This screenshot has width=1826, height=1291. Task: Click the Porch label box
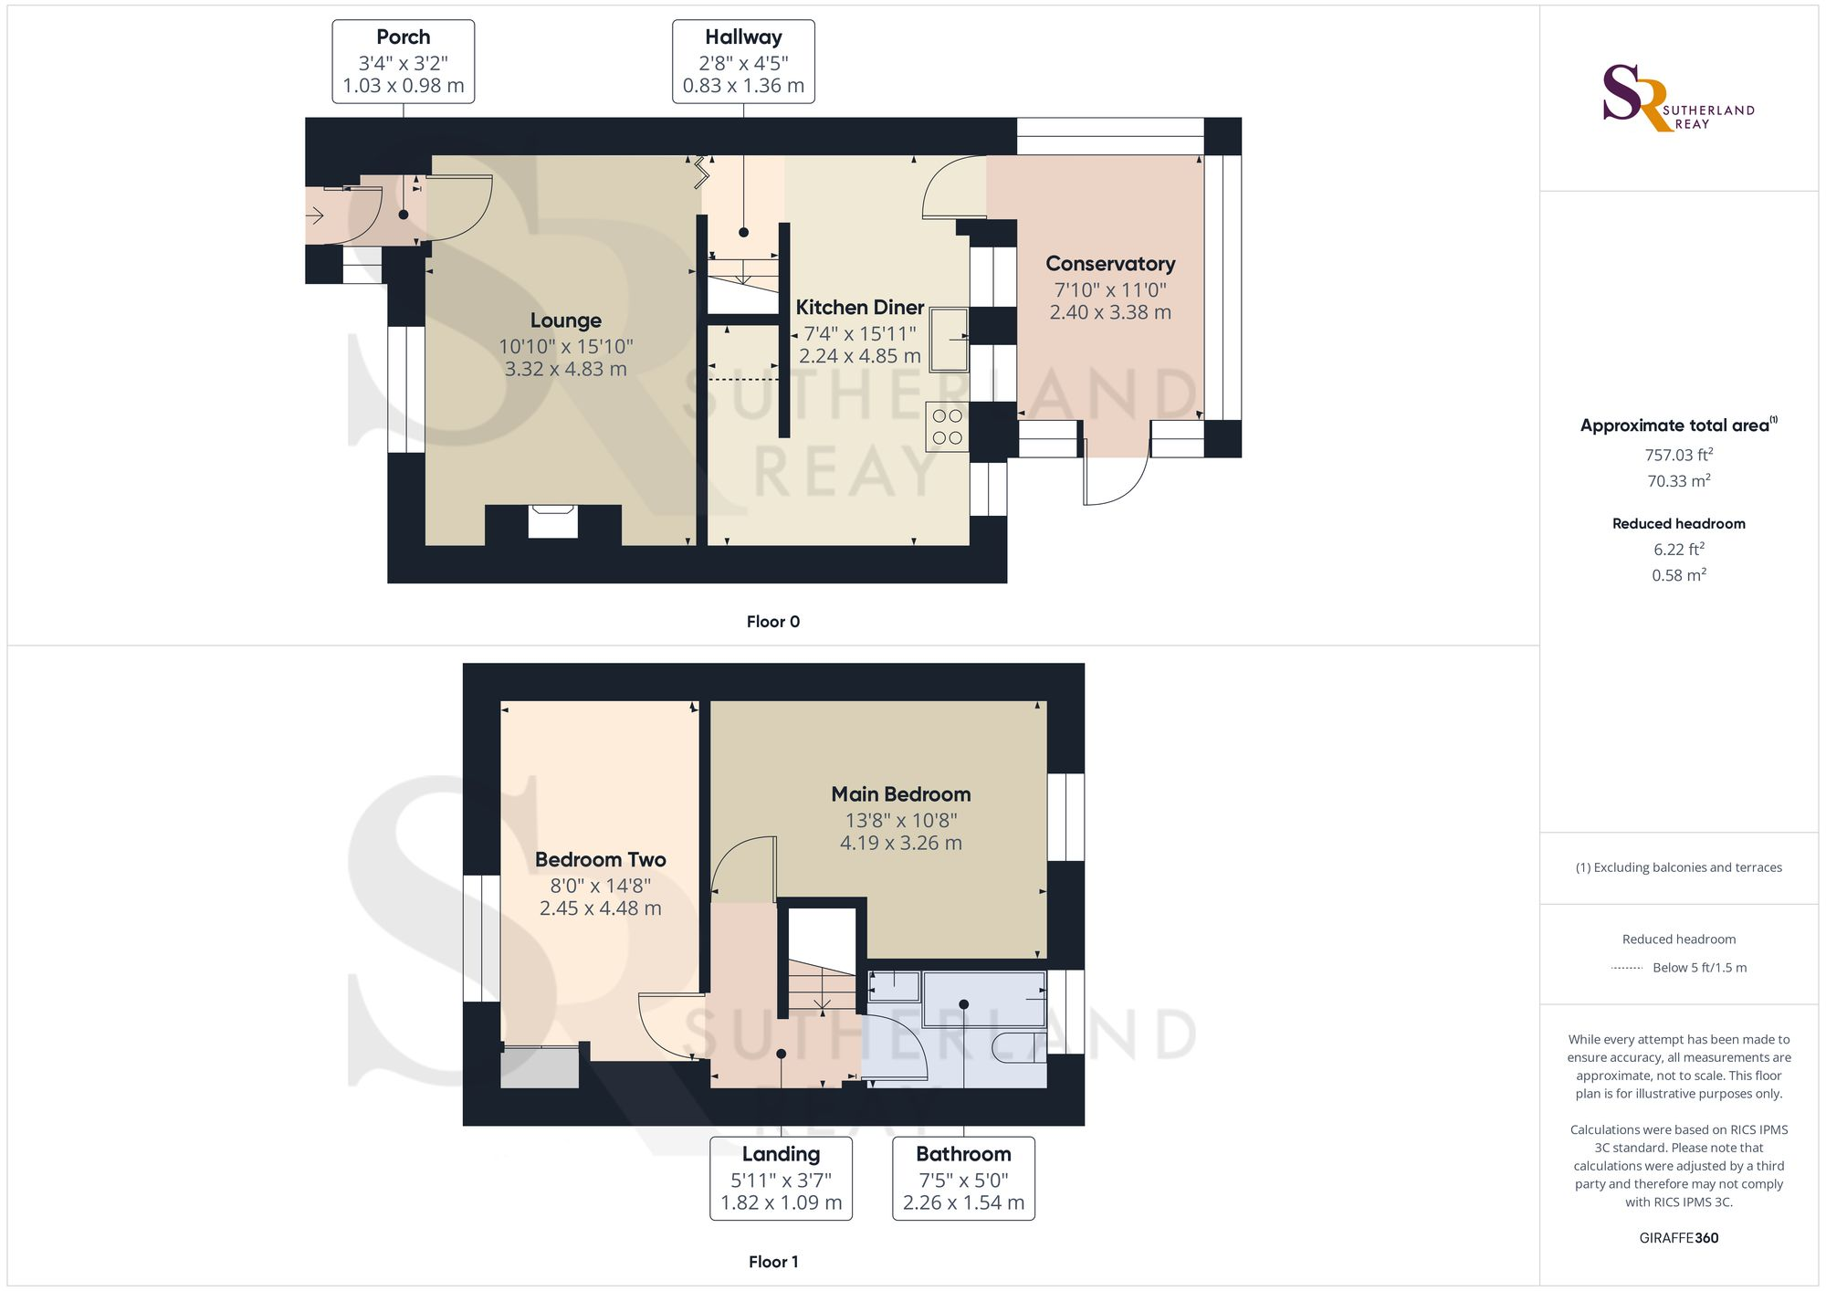(x=404, y=62)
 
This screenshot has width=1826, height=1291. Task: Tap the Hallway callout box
(x=743, y=62)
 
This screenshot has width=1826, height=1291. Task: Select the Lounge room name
(x=566, y=320)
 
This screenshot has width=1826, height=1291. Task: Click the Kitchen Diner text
(x=860, y=308)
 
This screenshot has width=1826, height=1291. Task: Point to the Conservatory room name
(x=1110, y=264)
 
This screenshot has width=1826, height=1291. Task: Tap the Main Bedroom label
(x=901, y=794)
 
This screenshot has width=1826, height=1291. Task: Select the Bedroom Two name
(x=601, y=860)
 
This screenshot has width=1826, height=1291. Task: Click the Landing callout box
(x=782, y=1179)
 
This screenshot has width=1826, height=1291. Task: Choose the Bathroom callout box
(x=963, y=1179)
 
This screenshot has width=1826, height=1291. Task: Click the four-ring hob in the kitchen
(x=947, y=427)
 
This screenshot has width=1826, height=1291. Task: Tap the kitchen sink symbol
(x=950, y=340)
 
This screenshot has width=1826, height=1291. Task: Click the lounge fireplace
(x=553, y=521)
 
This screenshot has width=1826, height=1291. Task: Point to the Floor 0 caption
(x=773, y=622)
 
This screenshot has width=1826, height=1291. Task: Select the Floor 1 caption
(x=773, y=1262)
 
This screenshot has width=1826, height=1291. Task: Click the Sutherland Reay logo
(x=1678, y=98)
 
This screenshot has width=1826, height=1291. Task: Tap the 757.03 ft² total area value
(x=1679, y=454)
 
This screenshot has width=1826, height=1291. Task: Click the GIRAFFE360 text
(x=1679, y=1238)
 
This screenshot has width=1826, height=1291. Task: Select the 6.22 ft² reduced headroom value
(x=1679, y=549)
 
